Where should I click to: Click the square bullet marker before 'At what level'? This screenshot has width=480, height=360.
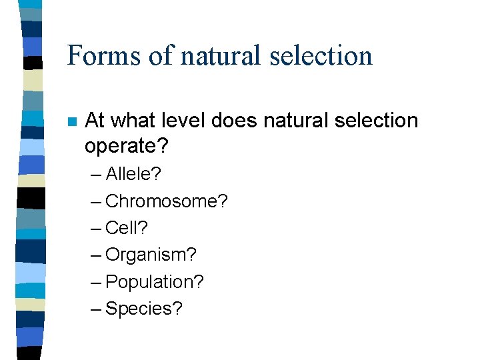[x=71, y=122]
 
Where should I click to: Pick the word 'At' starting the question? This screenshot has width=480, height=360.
[x=95, y=121]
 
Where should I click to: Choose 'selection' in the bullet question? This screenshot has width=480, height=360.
[x=378, y=121]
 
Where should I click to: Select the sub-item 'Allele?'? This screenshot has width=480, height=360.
[x=133, y=174]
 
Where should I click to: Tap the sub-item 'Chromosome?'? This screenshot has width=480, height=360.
[x=167, y=201]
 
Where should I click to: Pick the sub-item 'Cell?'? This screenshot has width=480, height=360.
[x=127, y=228]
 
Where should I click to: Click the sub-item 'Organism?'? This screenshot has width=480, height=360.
[x=151, y=255]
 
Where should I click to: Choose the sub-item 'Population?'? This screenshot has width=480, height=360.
[x=155, y=282]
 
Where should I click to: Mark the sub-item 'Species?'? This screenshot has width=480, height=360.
[x=143, y=309]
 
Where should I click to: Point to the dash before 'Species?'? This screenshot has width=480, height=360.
[x=95, y=309]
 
